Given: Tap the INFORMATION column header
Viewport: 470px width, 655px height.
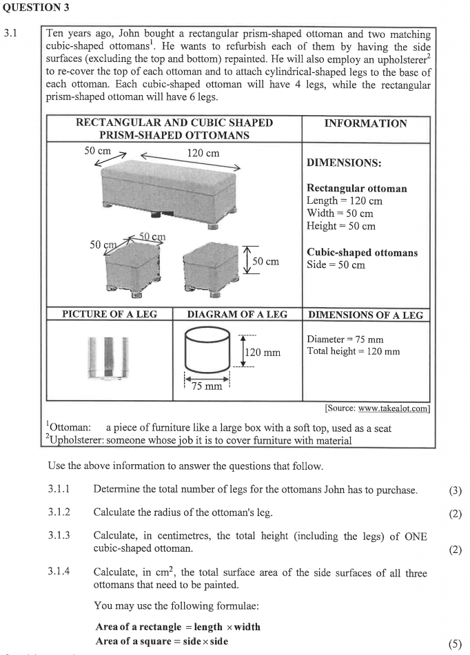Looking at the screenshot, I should (365, 123).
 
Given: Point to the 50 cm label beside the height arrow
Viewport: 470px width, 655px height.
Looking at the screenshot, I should (265, 261).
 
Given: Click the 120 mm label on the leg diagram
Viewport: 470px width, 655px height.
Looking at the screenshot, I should (263, 353).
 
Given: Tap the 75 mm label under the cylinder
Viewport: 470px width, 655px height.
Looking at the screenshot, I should (207, 386).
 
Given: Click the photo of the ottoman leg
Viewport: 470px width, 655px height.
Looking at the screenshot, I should (108, 357).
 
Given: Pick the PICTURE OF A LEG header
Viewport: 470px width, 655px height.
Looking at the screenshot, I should (110, 314).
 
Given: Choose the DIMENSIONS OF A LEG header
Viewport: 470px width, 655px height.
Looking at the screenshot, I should (365, 315).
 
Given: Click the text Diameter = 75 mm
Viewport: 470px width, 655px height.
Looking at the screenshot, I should (345, 339).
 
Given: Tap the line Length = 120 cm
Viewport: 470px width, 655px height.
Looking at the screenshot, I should (344, 201).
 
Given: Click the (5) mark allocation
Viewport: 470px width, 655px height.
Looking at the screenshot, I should (454, 645).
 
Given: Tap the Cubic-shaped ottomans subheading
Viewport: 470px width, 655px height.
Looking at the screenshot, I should (362, 253).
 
